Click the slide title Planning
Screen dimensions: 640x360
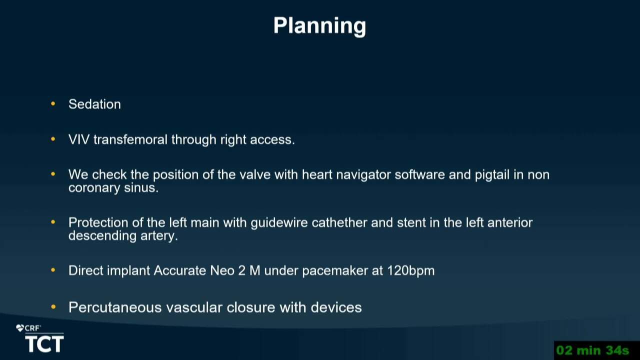pos(319,26)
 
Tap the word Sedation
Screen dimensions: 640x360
pos(94,104)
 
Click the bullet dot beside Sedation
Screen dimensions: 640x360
pos(53,103)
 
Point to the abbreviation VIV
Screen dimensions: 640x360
pos(79,139)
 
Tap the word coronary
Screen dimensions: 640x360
pos(94,188)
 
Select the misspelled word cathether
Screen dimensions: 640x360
pos(339,223)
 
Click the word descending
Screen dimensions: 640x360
pos(102,236)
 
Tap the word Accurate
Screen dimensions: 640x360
pos(179,270)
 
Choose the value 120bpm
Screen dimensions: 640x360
pos(411,271)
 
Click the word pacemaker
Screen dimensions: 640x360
pos(335,271)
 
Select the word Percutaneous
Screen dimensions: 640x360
pos(115,307)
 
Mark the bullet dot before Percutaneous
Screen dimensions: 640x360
pos(53,307)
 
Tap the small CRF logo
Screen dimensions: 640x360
pos(28,328)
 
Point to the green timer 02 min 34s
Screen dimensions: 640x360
pos(592,350)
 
